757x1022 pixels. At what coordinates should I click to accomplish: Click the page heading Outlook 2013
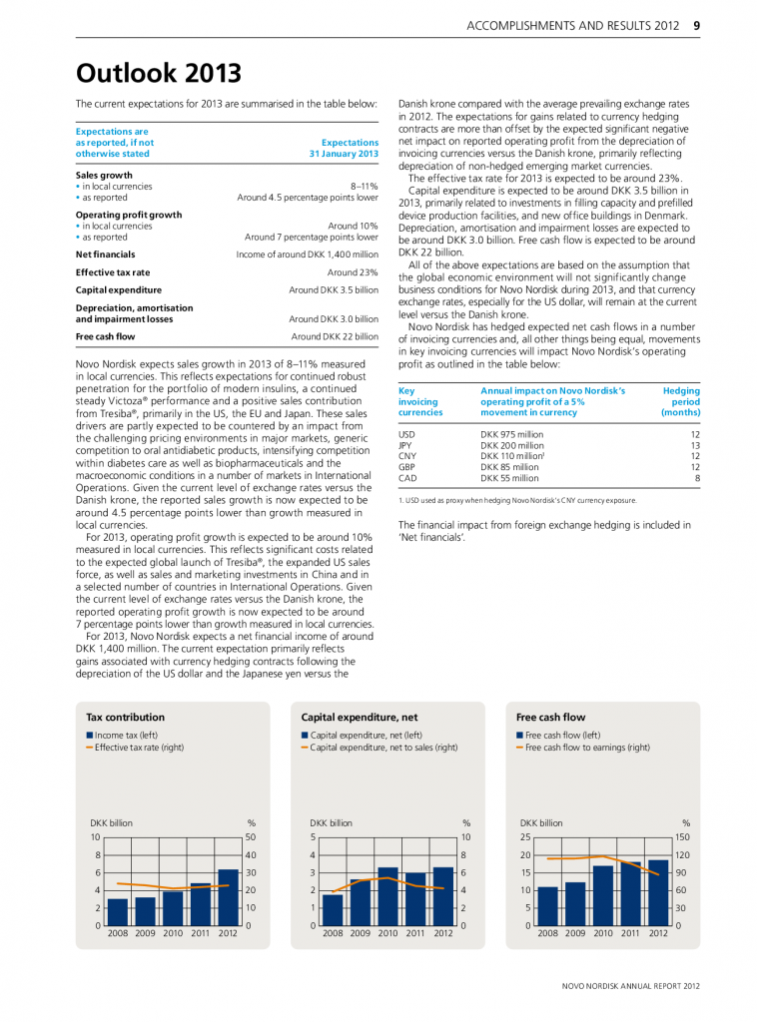pos(159,73)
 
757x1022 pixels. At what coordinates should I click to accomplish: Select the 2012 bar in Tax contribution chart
pos(228,897)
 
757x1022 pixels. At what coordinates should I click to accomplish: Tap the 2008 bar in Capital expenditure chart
pos(333,909)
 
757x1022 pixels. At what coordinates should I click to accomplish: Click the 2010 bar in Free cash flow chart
pos(602,895)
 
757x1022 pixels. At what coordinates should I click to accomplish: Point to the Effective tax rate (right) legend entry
pos(139,747)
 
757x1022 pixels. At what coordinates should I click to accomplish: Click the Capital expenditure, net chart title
pos(359,717)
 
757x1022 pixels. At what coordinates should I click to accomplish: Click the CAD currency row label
pos(406,478)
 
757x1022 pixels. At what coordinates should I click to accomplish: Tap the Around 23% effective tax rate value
pos(353,271)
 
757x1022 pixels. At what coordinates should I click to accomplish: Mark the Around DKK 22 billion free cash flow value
pos(335,336)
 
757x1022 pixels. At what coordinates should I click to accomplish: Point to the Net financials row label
pos(106,255)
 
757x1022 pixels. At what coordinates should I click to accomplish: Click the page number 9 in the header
pos(696,26)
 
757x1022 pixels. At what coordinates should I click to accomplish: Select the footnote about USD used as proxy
pos(516,500)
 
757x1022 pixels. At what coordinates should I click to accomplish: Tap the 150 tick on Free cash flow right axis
pos(683,836)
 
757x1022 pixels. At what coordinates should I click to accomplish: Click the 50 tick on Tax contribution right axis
pos(253,836)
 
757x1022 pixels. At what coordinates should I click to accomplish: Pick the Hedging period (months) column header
pos(680,401)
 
